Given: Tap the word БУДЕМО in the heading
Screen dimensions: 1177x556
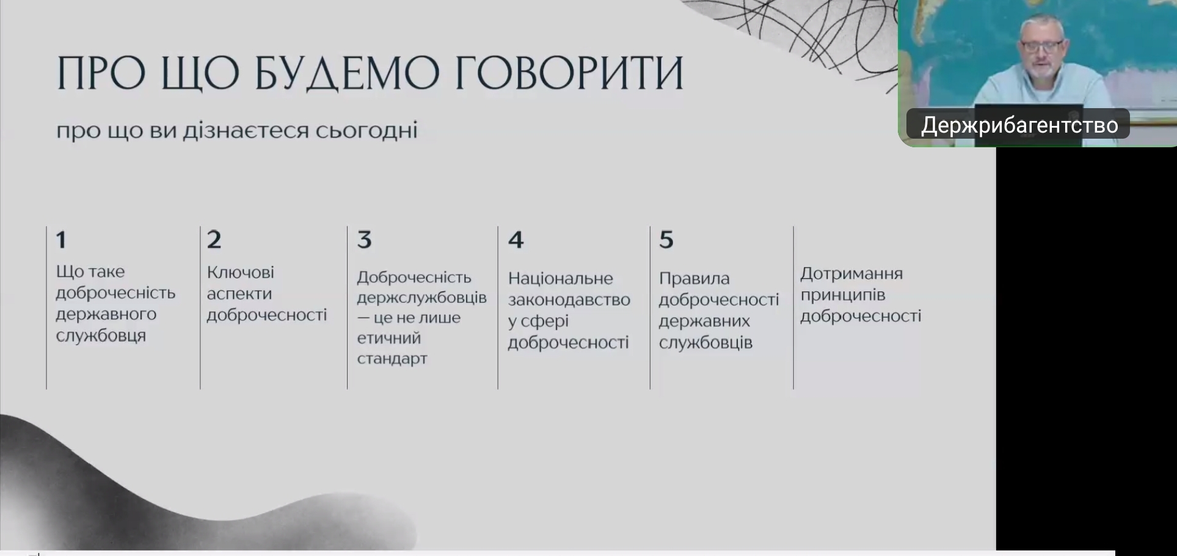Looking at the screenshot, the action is coord(347,73).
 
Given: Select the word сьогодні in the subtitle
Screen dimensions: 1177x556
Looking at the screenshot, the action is coord(366,130).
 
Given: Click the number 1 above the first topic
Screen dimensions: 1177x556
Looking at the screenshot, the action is coord(60,240).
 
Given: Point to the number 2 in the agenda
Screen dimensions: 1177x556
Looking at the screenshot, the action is coord(214,240).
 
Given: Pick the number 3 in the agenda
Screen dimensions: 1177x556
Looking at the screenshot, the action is coord(365,240).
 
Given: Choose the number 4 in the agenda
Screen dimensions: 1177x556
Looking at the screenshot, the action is coord(516,240).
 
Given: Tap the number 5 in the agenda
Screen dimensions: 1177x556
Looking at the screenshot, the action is coord(666,240).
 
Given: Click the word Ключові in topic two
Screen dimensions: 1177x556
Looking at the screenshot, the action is coord(241,272).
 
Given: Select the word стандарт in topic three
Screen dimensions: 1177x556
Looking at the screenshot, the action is coord(392,359).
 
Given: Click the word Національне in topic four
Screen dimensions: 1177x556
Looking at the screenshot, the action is coord(561,279).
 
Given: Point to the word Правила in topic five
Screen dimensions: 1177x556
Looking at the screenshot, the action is coord(694,279).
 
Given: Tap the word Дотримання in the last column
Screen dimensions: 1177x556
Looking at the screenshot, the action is coord(851,274).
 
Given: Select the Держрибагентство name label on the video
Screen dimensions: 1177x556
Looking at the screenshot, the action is coord(1019,125).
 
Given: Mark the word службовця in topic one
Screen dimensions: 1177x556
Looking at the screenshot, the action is coord(101,336).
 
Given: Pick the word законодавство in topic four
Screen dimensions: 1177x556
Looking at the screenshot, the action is coord(569,300).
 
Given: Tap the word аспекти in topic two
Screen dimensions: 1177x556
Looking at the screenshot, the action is coord(239,294).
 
